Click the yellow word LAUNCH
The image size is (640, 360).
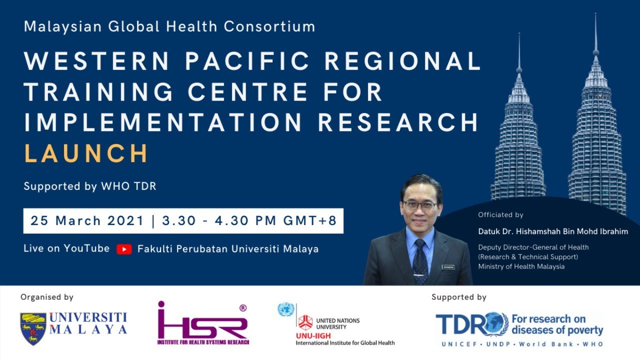(86, 153)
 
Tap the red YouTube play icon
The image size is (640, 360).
(124, 249)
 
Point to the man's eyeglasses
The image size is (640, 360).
(420, 205)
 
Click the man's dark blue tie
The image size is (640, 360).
(420, 260)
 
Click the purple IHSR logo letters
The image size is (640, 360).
(202, 325)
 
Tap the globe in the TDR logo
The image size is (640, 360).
(496, 324)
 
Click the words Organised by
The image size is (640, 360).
(47, 297)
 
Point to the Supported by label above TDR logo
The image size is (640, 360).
(458, 297)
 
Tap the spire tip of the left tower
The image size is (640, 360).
(519, 35)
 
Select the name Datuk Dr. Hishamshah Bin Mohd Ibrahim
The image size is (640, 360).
(553, 232)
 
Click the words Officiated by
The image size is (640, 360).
(500, 215)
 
